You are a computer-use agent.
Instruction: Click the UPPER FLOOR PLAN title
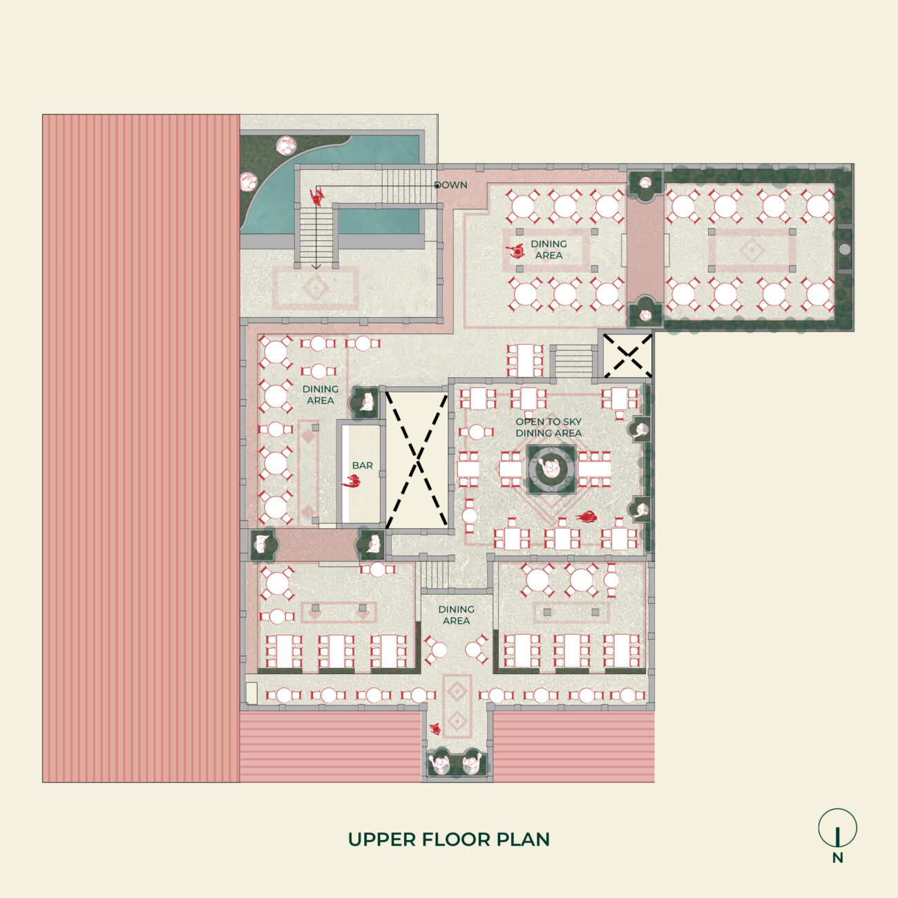point(449,839)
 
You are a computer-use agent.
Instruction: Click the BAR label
point(363,466)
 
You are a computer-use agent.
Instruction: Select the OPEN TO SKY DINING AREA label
point(548,427)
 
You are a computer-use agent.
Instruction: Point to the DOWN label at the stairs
point(450,185)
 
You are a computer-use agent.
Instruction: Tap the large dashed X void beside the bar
point(417,459)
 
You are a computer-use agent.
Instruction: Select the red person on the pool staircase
point(318,197)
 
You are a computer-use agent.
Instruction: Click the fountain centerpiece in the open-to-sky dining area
point(551,469)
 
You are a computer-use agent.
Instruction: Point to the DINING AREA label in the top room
point(548,249)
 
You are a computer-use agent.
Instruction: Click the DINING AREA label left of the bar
point(321,394)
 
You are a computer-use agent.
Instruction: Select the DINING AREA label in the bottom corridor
point(456,615)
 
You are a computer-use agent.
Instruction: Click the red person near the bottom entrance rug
point(435,728)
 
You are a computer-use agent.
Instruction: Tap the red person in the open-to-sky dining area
point(587,517)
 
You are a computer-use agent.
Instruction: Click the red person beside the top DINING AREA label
point(515,251)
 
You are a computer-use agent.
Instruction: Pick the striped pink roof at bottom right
point(573,747)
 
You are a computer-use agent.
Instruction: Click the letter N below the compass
point(837,859)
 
